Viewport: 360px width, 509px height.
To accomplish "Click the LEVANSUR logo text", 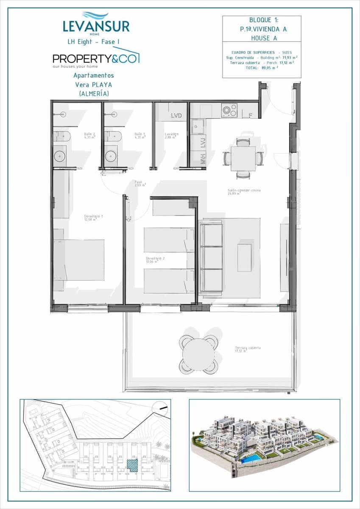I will [x=96, y=26].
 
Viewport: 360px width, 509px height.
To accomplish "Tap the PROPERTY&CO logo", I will [x=95, y=59].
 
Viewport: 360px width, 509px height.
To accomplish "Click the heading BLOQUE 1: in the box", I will [x=261, y=20].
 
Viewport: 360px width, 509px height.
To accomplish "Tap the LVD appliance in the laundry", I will [x=176, y=115].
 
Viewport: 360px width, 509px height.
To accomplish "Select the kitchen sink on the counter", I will [x=197, y=126].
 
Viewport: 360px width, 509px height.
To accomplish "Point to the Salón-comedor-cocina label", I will [x=244, y=191].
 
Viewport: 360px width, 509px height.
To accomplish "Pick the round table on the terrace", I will [x=198, y=355].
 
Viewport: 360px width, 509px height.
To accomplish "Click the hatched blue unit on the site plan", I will [x=133, y=465].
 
